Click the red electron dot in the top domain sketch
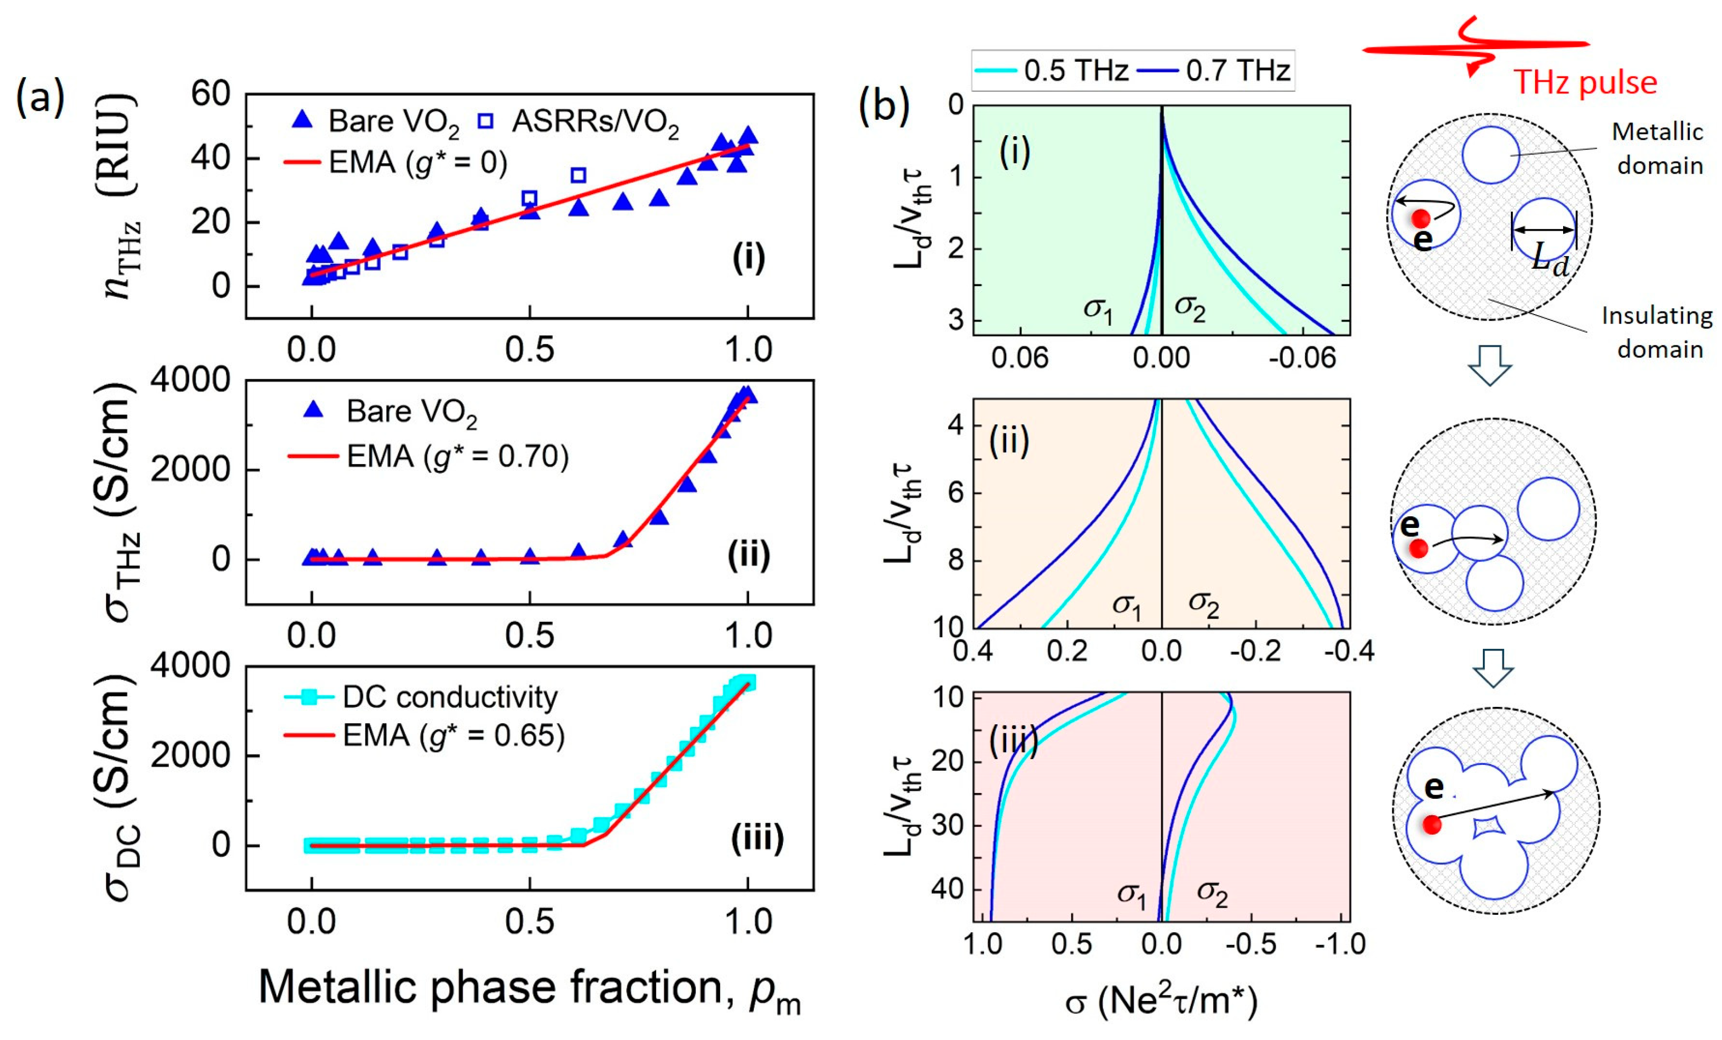click(1420, 219)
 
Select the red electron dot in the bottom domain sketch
click(1432, 824)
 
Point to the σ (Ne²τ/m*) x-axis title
click(1161, 1001)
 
